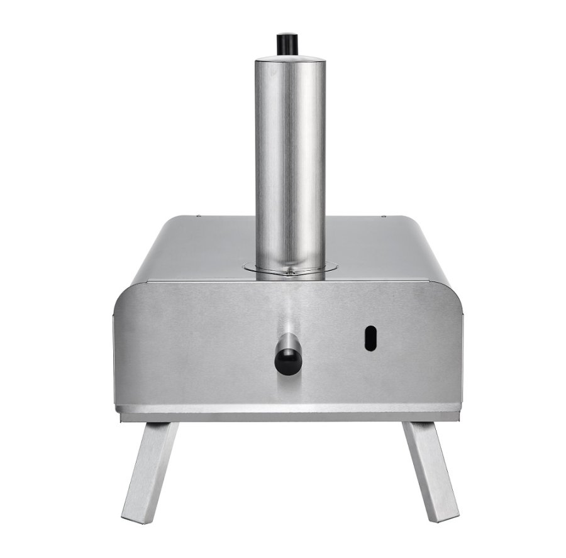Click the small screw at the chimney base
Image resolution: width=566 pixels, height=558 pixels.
tap(289, 273)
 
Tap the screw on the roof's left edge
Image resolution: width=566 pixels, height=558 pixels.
tap(199, 217)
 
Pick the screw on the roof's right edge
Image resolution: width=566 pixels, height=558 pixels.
tap(384, 217)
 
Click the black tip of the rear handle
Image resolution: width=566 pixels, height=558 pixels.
tap(287, 361)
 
